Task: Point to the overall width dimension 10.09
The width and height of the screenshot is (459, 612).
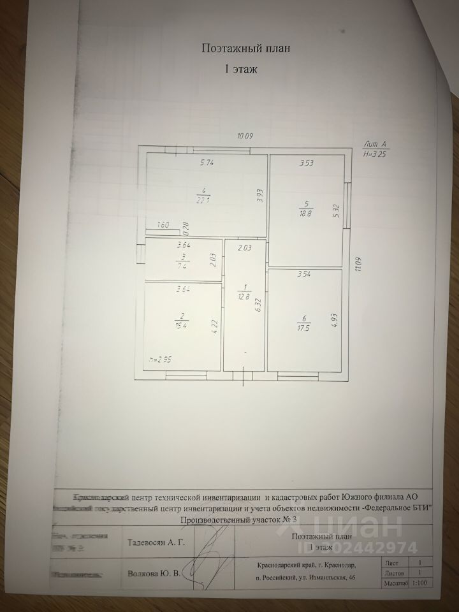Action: coord(245,136)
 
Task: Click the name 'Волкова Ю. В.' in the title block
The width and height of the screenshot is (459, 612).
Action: coord(154,573)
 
